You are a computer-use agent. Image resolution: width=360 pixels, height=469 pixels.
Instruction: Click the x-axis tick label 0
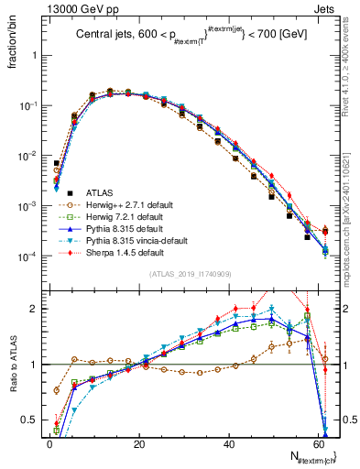pyautogui.click(x=49, y=443)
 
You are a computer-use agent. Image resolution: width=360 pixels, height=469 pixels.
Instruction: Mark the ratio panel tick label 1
pyautogui.click(x=35, y=365)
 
